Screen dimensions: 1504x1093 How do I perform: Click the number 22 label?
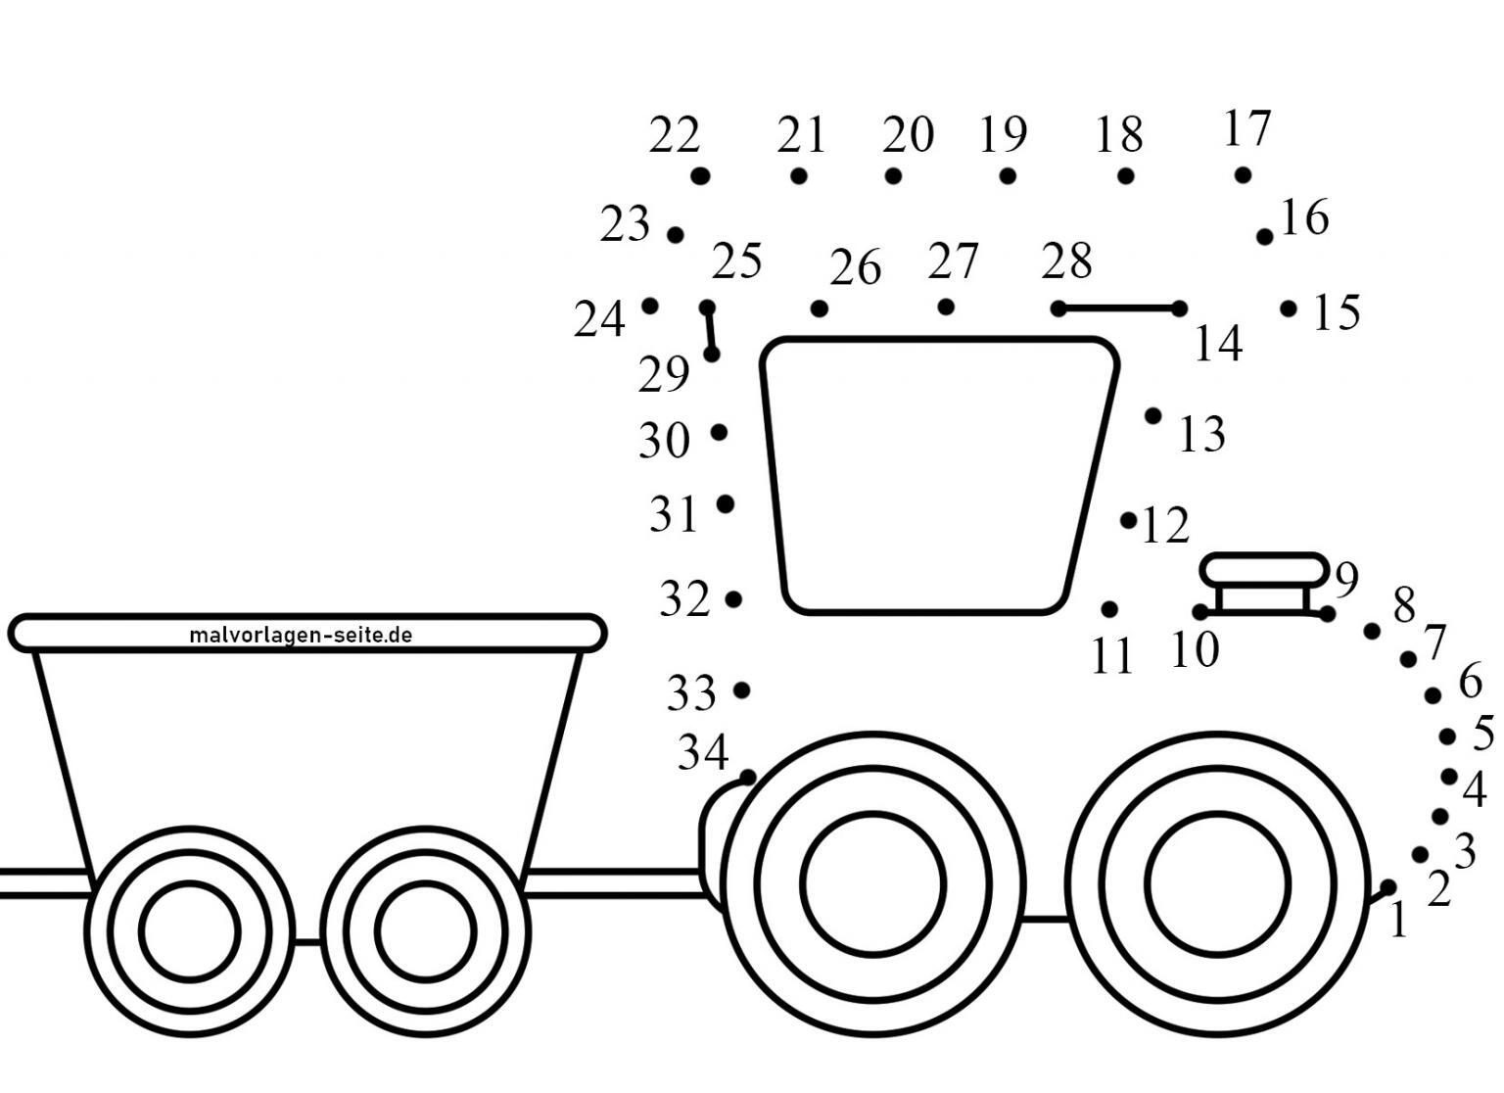675,134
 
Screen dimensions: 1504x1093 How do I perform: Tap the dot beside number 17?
1243,175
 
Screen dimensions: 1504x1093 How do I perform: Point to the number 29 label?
663,374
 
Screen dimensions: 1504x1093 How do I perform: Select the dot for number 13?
1152,416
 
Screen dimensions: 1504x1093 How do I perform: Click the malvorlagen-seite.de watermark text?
301,635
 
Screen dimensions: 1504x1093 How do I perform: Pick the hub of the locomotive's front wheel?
1217,884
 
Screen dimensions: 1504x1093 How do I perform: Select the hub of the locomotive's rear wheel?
872,884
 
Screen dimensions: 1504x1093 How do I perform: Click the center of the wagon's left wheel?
190,931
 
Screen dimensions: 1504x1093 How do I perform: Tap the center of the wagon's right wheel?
426,931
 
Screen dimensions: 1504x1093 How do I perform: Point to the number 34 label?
703,752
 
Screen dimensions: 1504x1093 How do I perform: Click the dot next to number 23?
676,235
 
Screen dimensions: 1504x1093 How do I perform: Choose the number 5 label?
1483,733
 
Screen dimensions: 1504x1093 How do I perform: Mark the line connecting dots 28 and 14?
1118,309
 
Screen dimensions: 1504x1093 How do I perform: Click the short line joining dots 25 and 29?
710,331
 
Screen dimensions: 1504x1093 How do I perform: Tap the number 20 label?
908,134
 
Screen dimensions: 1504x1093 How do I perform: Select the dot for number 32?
733,598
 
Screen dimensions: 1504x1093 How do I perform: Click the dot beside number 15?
1289,309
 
